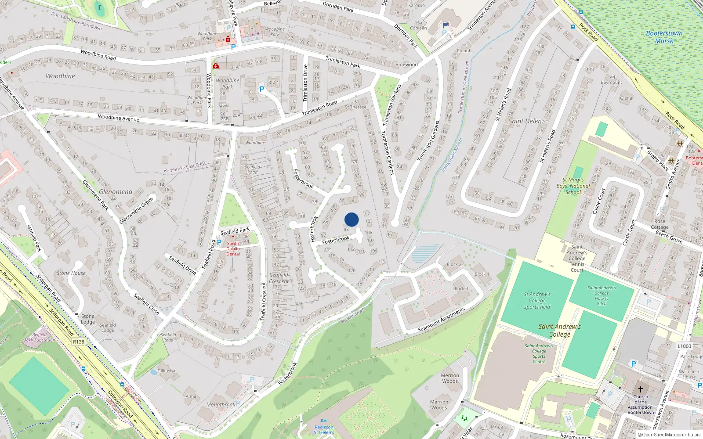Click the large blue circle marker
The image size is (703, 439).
351,219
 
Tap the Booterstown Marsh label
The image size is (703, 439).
664,37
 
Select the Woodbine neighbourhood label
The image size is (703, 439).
60,76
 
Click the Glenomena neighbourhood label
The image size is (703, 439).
116,192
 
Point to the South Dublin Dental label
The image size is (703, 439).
233,249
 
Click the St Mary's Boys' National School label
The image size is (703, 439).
573,186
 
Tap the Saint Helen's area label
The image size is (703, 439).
527,121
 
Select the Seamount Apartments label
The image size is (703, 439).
441,320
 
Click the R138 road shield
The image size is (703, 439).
79,342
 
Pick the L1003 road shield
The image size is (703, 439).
684,346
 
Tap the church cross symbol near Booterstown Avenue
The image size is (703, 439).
641,389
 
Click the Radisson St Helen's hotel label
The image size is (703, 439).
324,430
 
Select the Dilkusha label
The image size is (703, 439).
166,371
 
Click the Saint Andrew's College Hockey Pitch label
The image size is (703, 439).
602,295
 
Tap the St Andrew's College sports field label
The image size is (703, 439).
537,301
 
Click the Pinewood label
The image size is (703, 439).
406,65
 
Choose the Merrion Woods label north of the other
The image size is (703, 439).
450,378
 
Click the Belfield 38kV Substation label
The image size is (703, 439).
40,337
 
